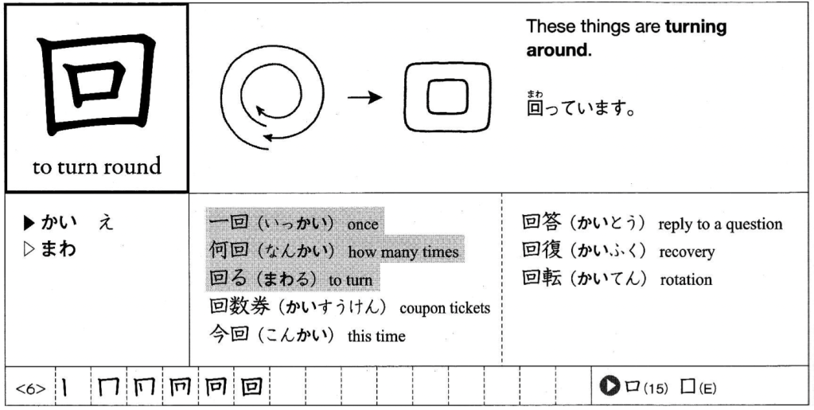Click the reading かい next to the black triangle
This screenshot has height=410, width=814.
tap(59, 224)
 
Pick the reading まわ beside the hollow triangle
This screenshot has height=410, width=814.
tap(59, 248)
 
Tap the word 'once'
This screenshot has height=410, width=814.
tap(362, 225)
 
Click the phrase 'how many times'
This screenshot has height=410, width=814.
tap(403, 252)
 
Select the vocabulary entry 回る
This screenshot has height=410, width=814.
tap(223, 279)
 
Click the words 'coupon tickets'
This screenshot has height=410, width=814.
tap(445, 308)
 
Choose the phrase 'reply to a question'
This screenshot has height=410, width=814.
tap(720, 225)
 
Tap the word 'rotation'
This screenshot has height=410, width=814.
tap(686, 279)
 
